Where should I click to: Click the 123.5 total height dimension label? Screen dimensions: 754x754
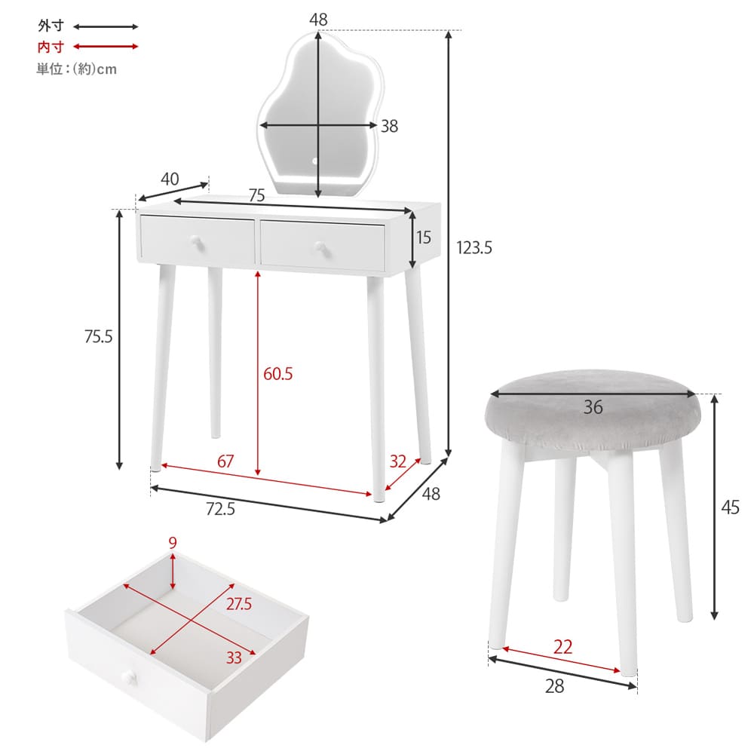tap(474, 248)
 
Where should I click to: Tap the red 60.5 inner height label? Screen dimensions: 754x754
tap(278, 374)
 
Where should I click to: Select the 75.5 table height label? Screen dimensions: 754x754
tap(98, 336)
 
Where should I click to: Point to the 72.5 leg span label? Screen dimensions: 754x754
tap(220, 509)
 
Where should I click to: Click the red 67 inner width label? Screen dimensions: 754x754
tap(225, 461)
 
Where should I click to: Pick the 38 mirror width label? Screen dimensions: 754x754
tap(390, 126)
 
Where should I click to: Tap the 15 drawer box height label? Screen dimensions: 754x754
tap(424, 238)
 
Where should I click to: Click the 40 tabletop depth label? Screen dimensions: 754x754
tap(170, 179)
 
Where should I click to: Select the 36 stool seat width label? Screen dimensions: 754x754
tap(593, 407)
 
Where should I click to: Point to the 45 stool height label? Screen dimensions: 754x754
tap(730, 507)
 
